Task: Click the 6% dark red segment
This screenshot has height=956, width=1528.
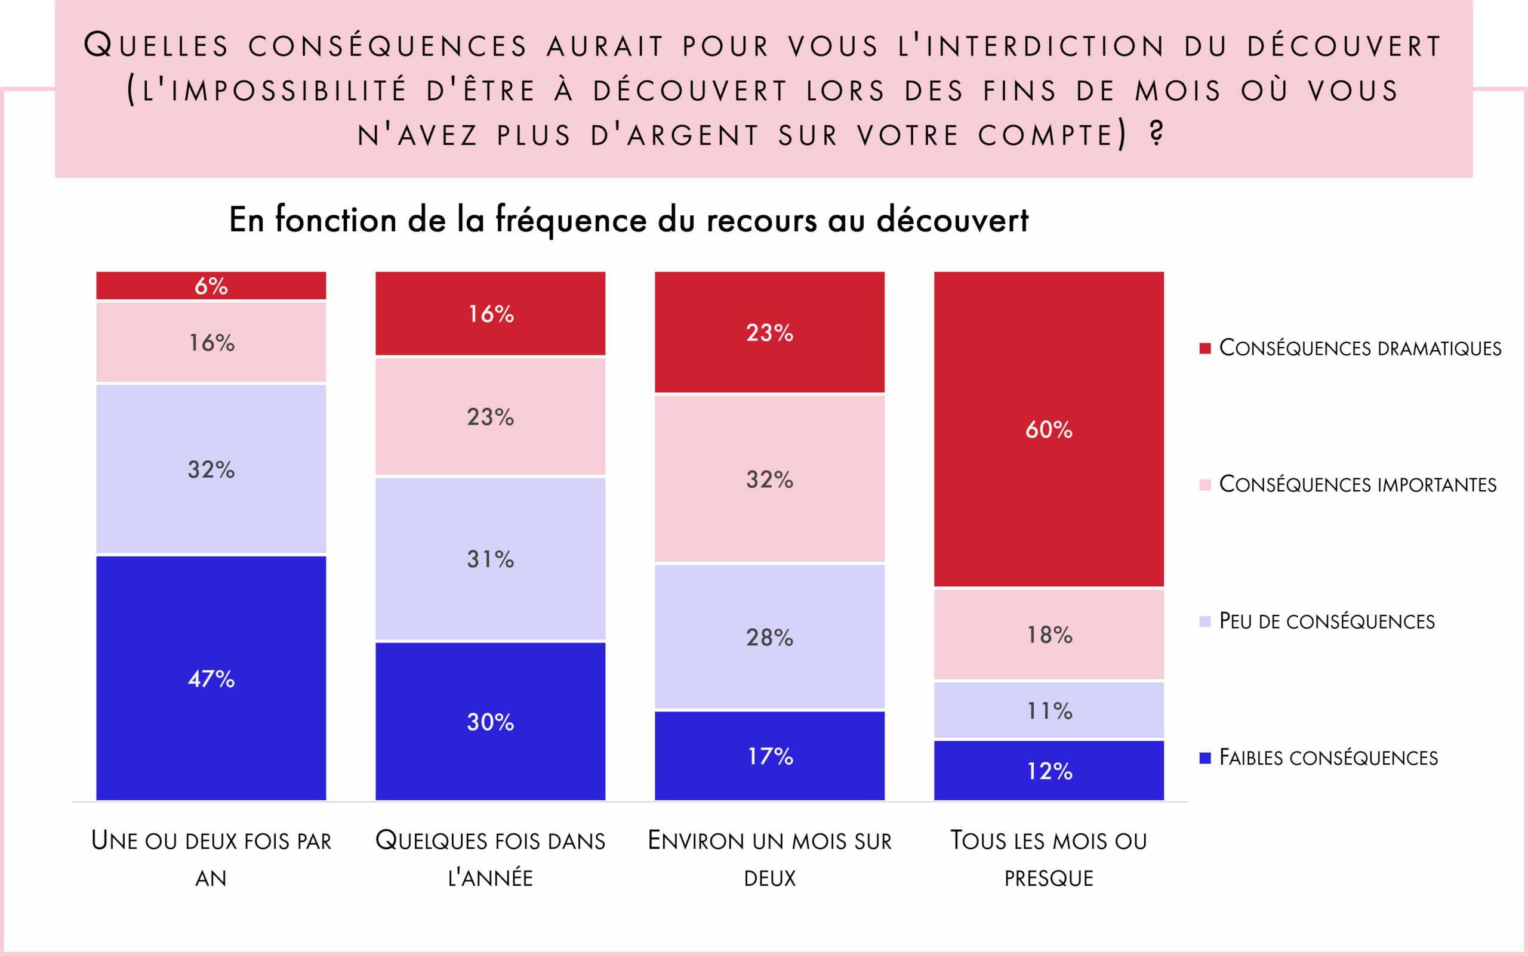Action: [x=211, y=286]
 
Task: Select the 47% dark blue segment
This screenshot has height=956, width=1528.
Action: [x=211, y=678]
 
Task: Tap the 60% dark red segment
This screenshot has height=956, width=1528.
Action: [x=1048, y=429]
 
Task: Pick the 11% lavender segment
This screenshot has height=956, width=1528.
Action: [x=1048, y=710]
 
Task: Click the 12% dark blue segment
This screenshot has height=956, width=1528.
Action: [x=1048, y=770]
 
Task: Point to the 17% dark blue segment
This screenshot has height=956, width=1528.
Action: [x=769, y=756]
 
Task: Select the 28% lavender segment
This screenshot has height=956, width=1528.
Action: [x=769, y=637]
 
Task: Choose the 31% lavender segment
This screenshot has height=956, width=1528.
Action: [x=491, y=559]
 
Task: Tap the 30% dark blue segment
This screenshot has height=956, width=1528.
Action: [x=491, y=722]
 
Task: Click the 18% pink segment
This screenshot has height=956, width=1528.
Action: [x=1048, y=634]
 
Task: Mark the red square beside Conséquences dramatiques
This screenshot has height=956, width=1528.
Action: [x=1204, y=348]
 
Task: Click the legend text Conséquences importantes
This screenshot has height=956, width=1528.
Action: [x=1357, y=484]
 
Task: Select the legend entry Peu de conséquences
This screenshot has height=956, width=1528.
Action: [x=1326, y=621]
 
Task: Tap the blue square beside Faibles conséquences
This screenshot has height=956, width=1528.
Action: [x=1204, y=757]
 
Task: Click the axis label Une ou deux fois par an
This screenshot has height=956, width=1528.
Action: [x=211, y=859]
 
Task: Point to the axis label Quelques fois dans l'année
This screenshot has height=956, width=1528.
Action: [x=491, y=859]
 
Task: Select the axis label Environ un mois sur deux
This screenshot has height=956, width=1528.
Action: [x=769, y=859]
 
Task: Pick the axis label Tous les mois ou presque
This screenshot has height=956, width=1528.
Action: [x=1048, y=859]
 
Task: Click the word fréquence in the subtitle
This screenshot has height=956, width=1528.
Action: [x=571, y=220]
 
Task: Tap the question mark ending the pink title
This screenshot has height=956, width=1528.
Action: [x=1157, y=134]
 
